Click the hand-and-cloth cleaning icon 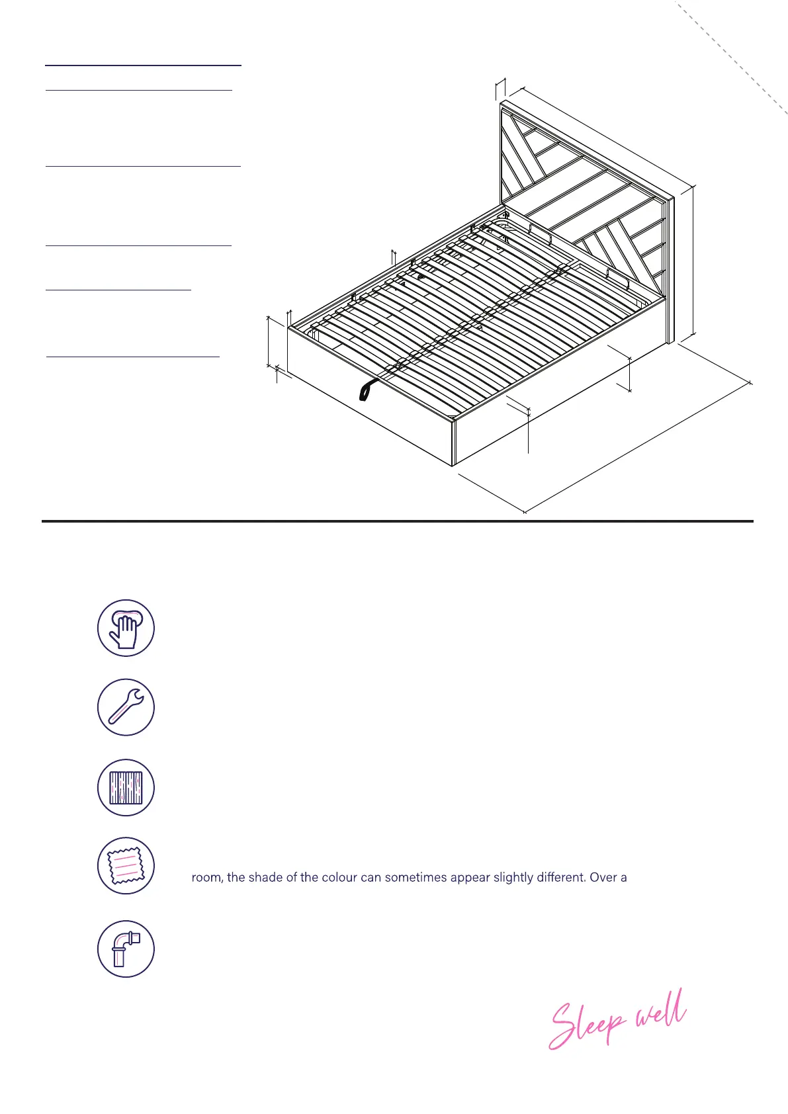126,628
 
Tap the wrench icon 126,707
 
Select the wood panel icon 126,787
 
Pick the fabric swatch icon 126,866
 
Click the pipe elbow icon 126,949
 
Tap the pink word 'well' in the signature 660,1012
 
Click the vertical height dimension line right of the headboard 693,261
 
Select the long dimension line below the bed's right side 638,447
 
